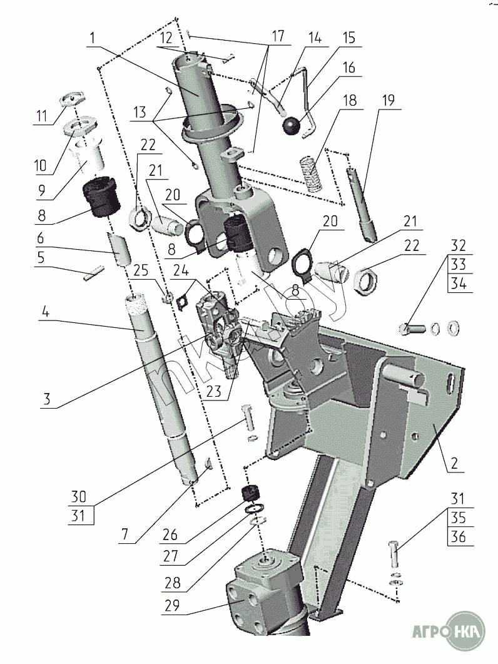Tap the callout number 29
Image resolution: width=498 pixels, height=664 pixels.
point(172,606)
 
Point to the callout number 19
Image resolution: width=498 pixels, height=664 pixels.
point(388,100)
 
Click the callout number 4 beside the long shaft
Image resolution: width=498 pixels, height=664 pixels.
point(46,312)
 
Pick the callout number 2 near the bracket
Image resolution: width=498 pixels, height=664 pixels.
point(454,463)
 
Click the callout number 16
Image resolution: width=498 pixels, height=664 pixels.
point(348,68)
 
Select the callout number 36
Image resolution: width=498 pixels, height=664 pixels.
point(458,536)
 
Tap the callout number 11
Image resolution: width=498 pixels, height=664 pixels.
point(41,116)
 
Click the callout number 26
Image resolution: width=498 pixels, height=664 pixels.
point(170,535)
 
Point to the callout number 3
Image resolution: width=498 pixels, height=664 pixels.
point(46,399)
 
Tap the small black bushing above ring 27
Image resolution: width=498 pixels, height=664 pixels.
point(250,493)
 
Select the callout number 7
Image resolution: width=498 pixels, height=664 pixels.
point(124,534)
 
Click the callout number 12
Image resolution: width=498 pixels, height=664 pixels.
point(166,38)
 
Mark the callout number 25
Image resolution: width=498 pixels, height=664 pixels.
point(141,270)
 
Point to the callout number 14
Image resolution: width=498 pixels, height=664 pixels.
point(315,38)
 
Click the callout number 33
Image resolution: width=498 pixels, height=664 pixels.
point(458,264)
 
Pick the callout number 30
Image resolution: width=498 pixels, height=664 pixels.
point(78,496)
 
